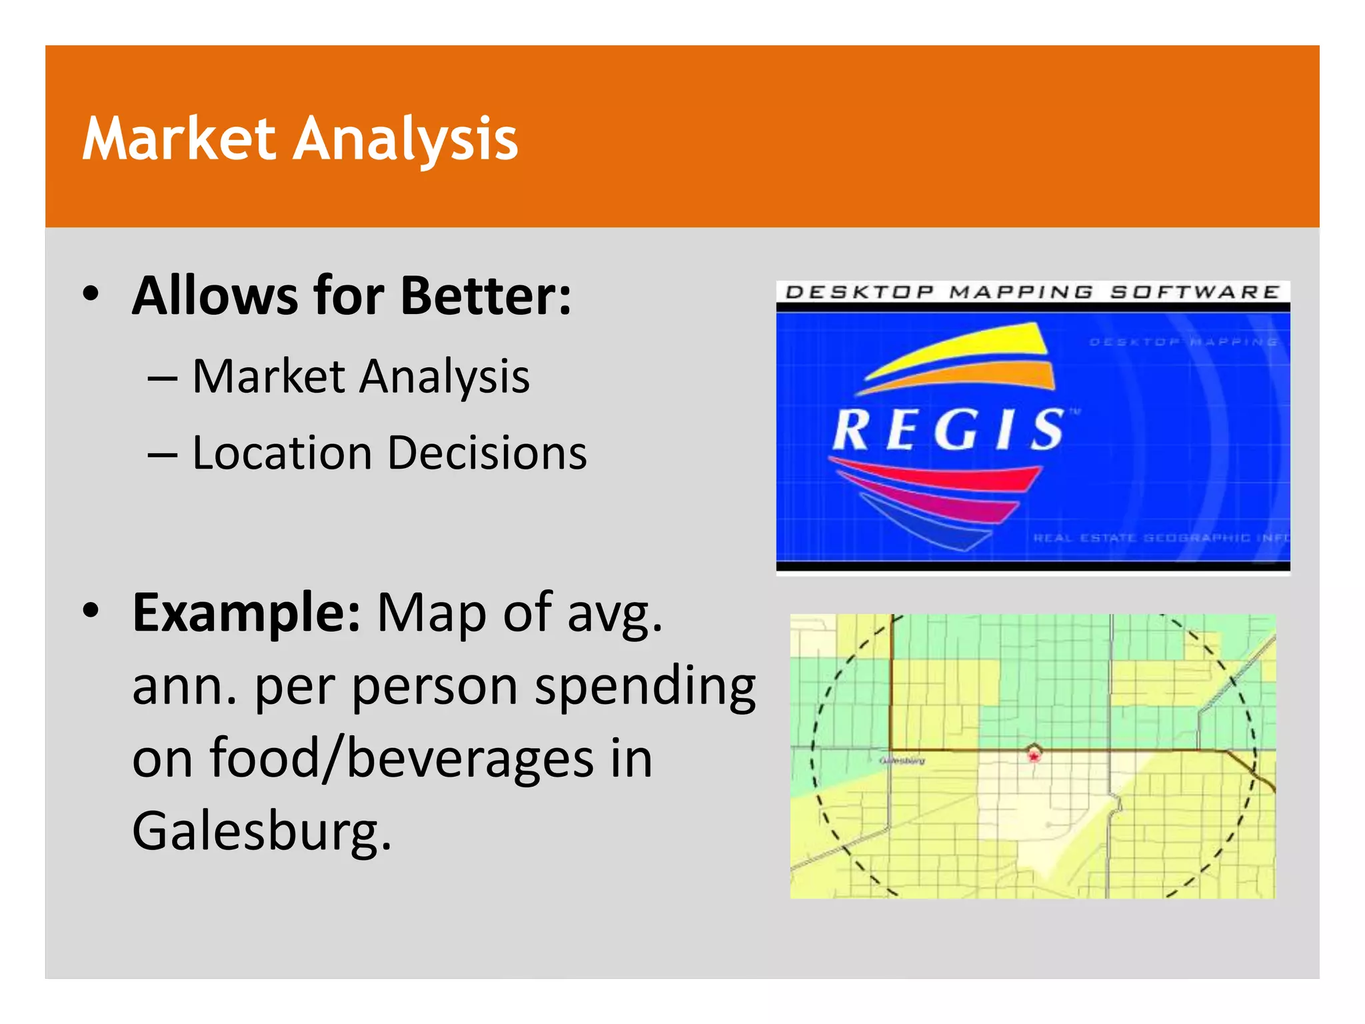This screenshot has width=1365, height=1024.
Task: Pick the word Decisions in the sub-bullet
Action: tap(487, 453)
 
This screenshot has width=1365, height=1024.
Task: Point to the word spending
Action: tap(645, 687)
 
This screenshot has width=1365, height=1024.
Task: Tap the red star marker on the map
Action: tap(1034, 757)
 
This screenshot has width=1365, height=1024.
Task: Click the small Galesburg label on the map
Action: tap(902, 761)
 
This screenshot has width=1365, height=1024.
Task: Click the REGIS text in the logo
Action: tap(949, 430)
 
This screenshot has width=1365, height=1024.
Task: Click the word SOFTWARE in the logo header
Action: tap(1194, 292)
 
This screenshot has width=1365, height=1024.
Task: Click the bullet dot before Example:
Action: tap(91, 609)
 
